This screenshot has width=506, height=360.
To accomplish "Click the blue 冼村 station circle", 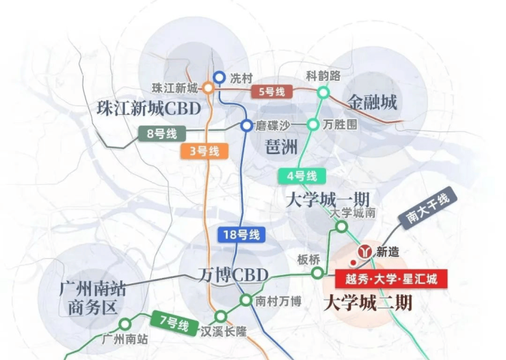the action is [x=219, y=77].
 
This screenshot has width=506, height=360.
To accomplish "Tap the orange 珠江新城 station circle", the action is [x=208, y=88].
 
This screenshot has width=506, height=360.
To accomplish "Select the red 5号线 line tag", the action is [x=271, y=92].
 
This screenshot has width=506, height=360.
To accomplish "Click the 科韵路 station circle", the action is [x=323, y=92].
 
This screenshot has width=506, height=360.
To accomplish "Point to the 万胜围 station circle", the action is [x=312, y=125].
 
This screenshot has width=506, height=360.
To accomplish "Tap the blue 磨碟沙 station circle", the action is [x=247, y=125].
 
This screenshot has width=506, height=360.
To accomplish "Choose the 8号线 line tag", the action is [x=162, y=133].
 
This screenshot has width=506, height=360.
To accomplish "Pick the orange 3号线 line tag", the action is [x=204, y=151].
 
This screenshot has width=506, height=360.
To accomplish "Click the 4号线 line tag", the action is [x=302, y=177].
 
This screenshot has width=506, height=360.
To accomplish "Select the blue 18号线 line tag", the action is [x=241, y=235].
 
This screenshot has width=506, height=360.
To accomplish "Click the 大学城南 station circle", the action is [x=341, y=227].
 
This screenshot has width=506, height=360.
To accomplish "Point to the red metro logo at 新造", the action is [x=364, y=251].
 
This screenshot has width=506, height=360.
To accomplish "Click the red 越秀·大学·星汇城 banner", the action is [x=391, y=279].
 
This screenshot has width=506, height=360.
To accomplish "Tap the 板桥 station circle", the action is [x=317, y=273].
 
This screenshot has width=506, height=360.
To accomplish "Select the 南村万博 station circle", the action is [x=246, y=300].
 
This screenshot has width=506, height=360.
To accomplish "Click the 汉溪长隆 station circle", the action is [x=221, y=316].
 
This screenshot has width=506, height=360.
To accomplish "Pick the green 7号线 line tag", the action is [x=174, y=322].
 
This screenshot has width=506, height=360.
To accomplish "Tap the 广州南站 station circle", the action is [x=125, y=324].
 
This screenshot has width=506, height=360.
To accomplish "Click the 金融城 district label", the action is [x=372, y=103].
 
